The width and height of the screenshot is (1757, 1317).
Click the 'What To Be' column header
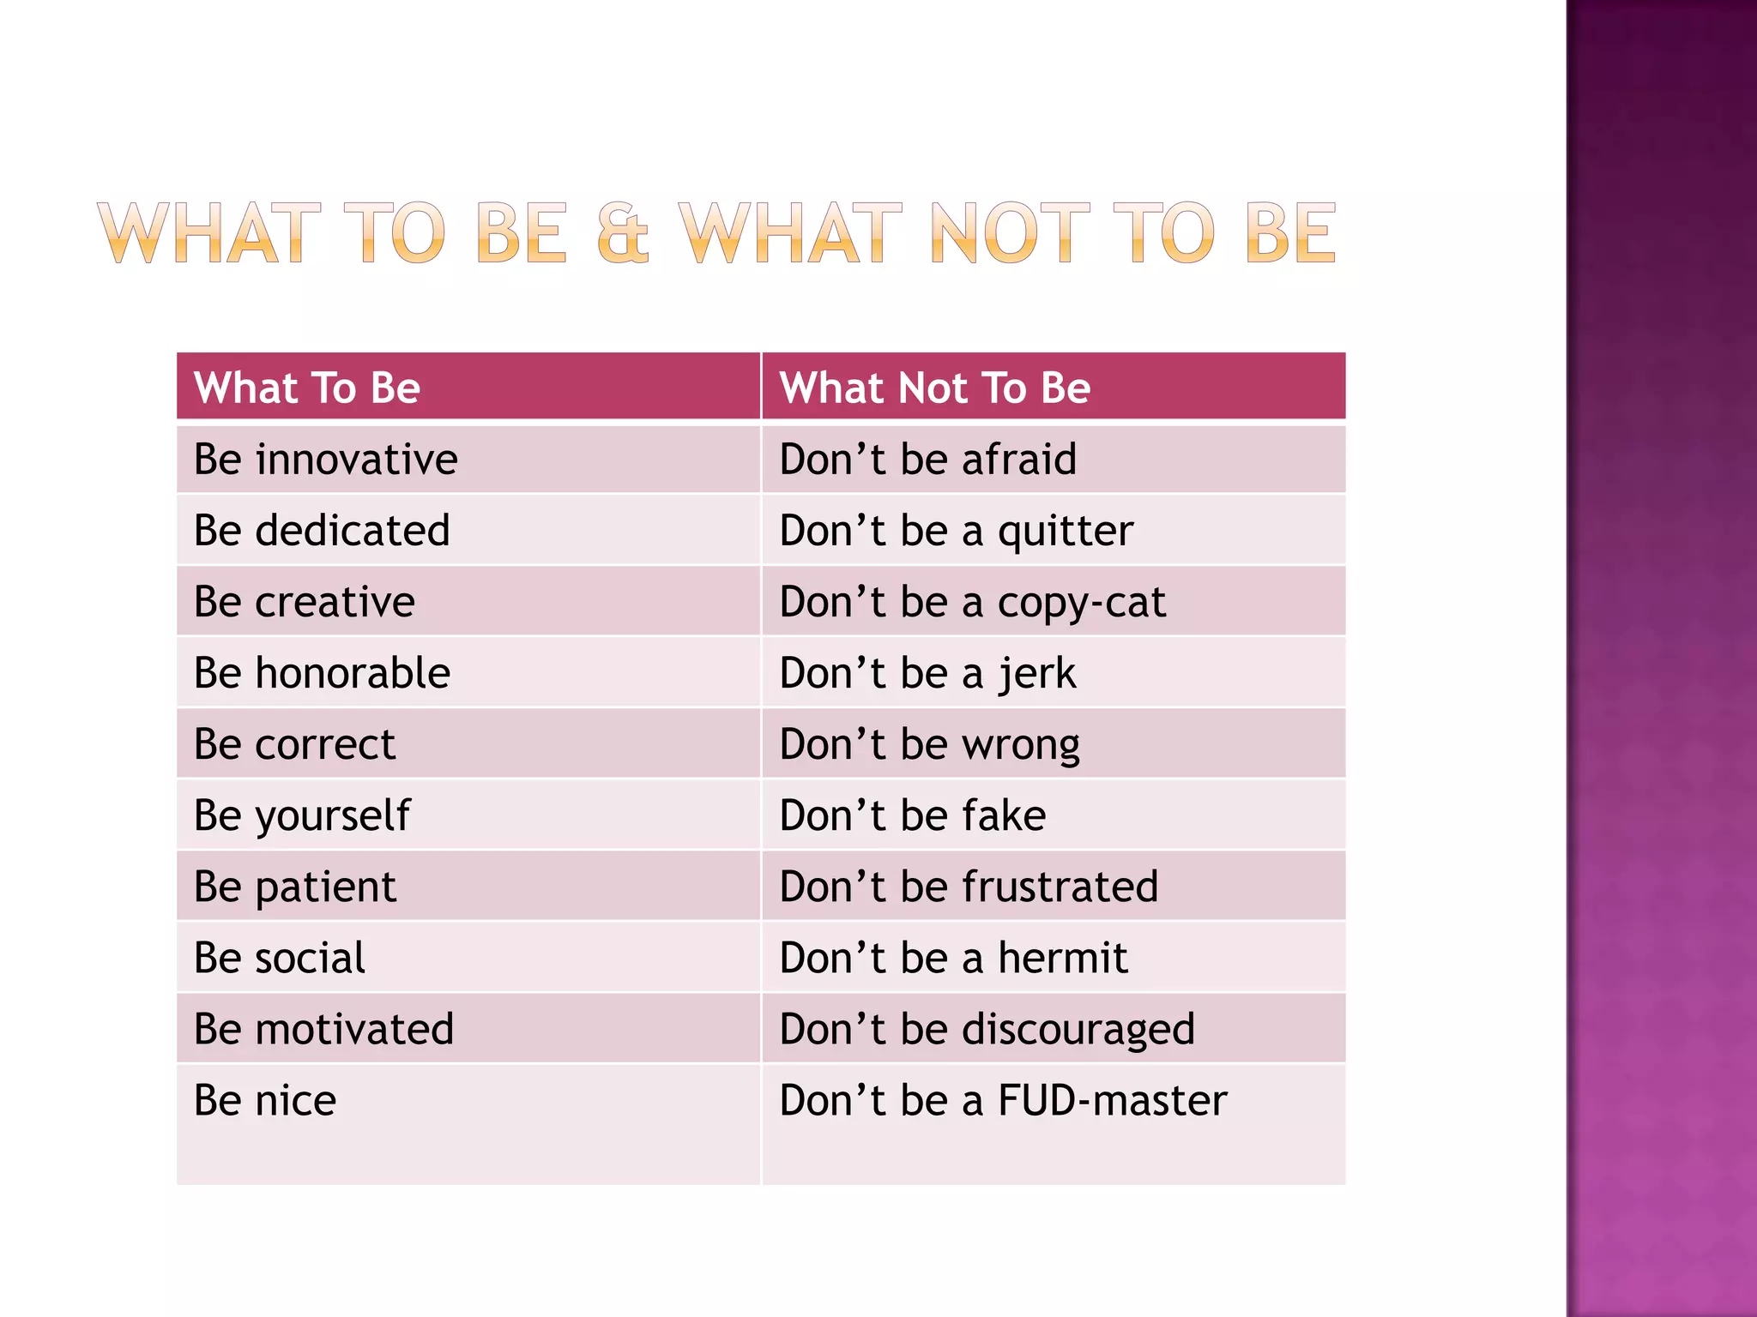[307, 388]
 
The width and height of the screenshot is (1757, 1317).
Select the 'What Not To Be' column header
[934, 388]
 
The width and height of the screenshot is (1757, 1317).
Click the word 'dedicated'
[353, 531]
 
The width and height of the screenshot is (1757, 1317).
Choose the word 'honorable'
[353, 673]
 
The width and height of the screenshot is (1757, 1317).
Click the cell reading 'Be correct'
[294, 744]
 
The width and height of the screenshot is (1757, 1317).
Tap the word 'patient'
[326, 887]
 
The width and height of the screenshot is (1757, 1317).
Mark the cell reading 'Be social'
[280, 958]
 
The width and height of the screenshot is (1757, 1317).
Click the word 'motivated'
[354, 1029]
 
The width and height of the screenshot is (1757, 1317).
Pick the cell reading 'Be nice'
[265, 1100]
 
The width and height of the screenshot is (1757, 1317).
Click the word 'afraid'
[1019, 460]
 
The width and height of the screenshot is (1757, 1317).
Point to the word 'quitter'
[1066, 532]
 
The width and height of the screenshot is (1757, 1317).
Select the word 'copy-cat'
[1082, 603]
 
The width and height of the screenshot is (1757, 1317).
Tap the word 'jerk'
[1036, 674]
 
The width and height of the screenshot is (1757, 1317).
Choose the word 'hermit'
[1063, 958]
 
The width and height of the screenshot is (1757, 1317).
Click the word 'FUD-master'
[1113, 1100]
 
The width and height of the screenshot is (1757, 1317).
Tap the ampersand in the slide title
[623, 233]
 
